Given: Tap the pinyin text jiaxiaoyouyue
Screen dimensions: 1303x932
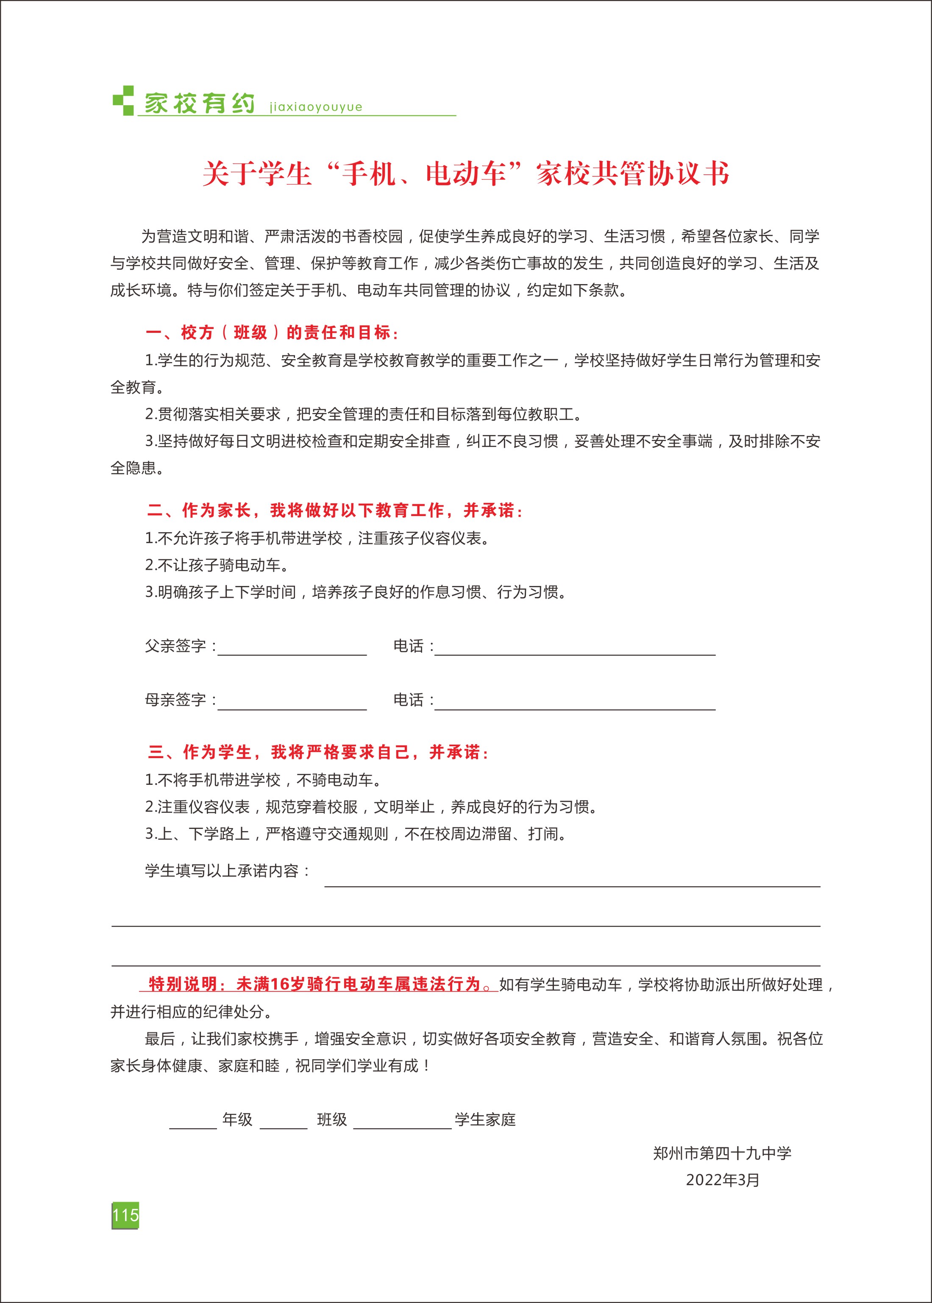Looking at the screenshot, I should [316, 107].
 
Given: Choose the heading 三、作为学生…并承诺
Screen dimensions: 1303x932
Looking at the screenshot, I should [318, 752].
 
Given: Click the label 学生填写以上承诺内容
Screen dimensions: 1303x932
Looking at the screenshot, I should [227, 871].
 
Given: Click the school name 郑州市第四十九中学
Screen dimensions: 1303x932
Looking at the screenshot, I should [722, 1153].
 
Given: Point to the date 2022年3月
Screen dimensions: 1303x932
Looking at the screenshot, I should [723, 1180].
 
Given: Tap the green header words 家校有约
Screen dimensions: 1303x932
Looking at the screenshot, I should [199, 103].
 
